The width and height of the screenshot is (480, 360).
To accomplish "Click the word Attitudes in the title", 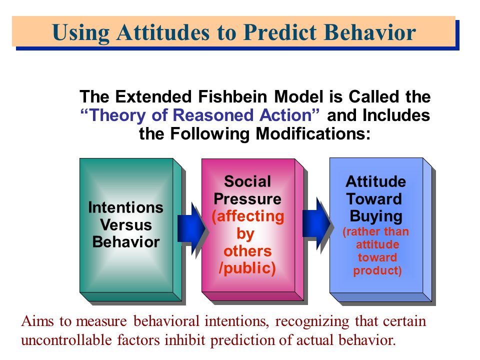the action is tap(163, 32).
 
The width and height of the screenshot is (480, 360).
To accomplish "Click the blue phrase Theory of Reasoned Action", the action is tap(200, 115).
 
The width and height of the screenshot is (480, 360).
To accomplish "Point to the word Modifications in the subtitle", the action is tap(313, 134).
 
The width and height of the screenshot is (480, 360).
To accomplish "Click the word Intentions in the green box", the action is tap(126, 207).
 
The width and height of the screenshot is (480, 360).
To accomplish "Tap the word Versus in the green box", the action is tap(126, 224).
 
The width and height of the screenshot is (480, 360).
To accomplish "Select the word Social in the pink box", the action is tap(247, 181).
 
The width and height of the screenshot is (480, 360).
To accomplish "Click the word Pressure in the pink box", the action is tap(247, 198).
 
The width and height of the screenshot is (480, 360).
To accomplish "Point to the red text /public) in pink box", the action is tap(247, 268).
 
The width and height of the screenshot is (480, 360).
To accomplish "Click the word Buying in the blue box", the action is tap(376, 216).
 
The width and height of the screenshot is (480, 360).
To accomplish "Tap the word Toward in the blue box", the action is tap(374, 198).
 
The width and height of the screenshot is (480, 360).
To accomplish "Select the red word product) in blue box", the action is tap(377, 270).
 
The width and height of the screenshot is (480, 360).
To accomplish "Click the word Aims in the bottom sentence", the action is tap(37, 321).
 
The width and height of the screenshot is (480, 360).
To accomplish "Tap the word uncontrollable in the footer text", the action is tap(66, 340).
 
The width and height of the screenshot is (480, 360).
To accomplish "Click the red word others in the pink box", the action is tap(247, 251).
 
